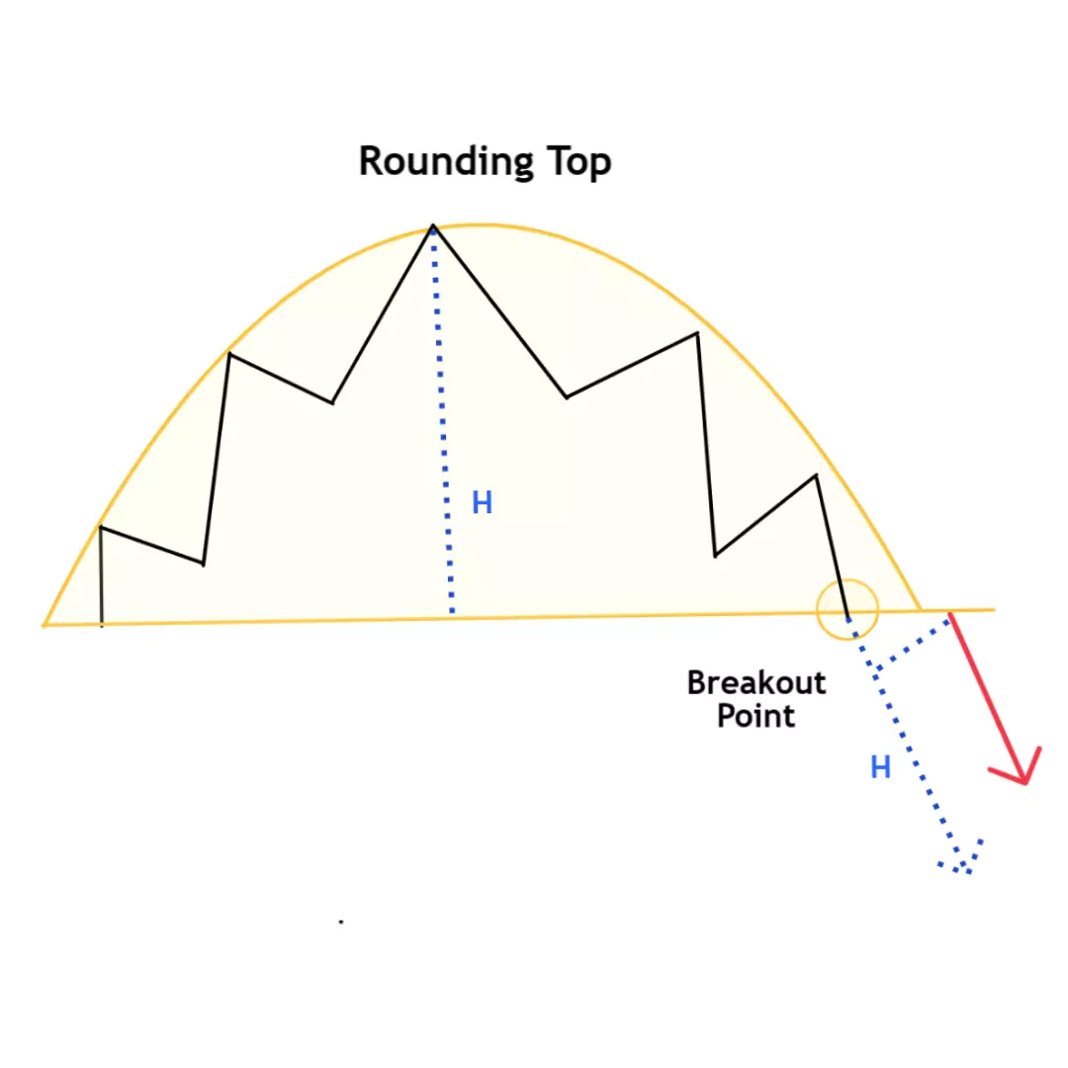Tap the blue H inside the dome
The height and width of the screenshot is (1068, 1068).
click(x=483, y=503)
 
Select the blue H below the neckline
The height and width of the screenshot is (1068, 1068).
click(x=881, y=767)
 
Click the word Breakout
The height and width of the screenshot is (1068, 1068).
click(x=756, y=682)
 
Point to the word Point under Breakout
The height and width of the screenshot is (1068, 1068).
click(x=756, y=716)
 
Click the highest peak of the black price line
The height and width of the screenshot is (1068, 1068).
click(x=433, y=226)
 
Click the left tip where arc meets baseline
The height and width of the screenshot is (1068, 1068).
click(x=44, y=624)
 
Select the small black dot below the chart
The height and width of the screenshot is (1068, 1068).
click(x=341, y=923)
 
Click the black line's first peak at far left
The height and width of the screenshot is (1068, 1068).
click(x=101, y=526)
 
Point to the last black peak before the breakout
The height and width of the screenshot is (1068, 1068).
click(x=816, y=476)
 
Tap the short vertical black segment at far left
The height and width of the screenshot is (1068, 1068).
click(x=102, y=577)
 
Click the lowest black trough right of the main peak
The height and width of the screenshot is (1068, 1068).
click(x=715, y=556)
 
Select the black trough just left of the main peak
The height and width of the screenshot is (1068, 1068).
click(x=332, y=402)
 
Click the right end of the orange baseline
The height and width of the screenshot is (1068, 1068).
click(x=994, y=609)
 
